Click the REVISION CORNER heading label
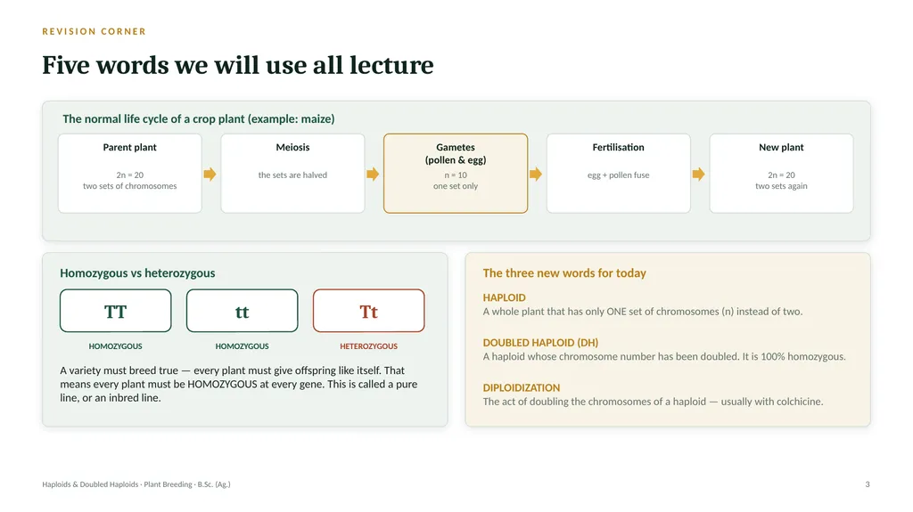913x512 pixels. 94,31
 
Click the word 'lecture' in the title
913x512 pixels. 391,65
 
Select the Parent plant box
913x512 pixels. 130,174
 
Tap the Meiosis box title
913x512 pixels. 292,147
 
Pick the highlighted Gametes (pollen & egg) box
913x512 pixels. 456,174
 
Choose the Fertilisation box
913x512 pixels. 619,174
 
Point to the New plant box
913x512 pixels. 781,174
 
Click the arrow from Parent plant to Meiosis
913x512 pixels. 210,174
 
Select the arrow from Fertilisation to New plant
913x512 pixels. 699,174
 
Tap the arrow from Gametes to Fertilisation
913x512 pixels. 536,174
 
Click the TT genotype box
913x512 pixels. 115,311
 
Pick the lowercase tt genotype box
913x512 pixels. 243,311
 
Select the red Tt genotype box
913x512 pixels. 368,311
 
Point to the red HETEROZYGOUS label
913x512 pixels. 368,346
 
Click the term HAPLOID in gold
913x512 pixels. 505,297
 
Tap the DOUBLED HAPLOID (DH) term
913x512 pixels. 540,343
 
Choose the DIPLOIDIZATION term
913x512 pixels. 521,387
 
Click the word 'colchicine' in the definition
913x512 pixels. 797,402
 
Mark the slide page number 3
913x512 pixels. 868,484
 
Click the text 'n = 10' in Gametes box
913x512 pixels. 456,175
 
